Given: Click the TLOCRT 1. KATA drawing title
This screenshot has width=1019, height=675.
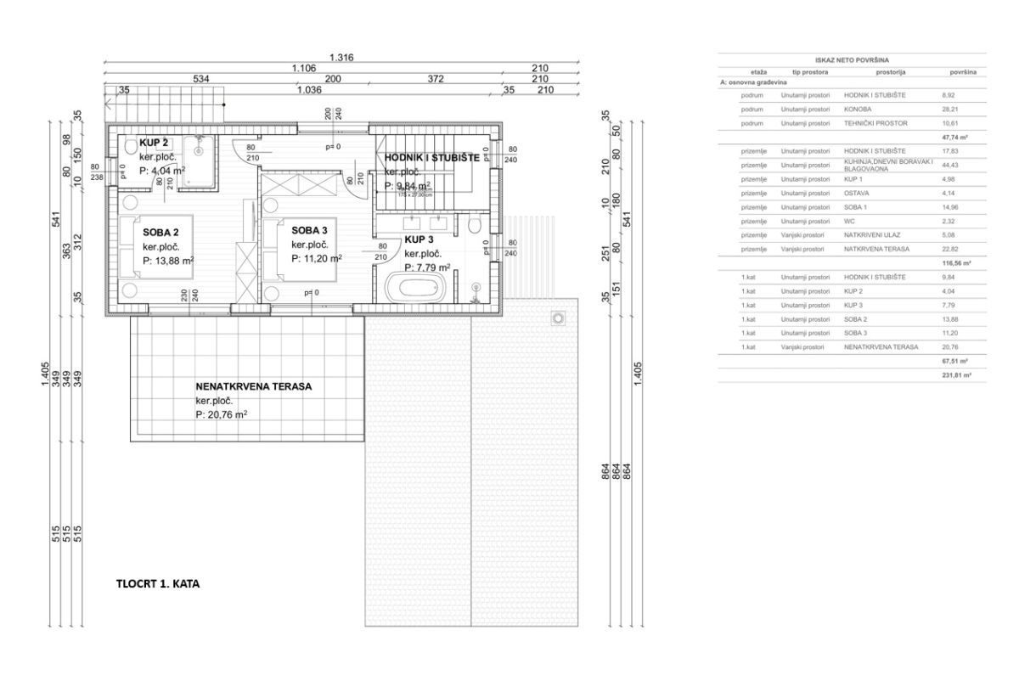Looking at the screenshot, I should pyautogui.click(x=157, y=584).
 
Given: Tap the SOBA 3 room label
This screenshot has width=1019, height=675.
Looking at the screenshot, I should pyautogui.click(x=311, y=230).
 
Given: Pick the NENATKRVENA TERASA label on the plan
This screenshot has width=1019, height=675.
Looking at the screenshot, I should pyautogui.click(x=254, y=385).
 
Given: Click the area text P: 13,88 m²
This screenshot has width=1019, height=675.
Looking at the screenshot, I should pyautogui.click(x=168, y=261).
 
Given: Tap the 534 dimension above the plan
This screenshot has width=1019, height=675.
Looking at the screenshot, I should pyautogui.click(x=201, y=78).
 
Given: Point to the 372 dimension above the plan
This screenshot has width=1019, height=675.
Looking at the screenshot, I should pyautogui.click(x=436, y=78).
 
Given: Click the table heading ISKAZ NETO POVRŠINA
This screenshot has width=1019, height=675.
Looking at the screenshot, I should pyautogui.click(x=852, y=60).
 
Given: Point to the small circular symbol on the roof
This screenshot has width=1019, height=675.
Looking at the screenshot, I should pyautogui.click(x=558, y=318).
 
